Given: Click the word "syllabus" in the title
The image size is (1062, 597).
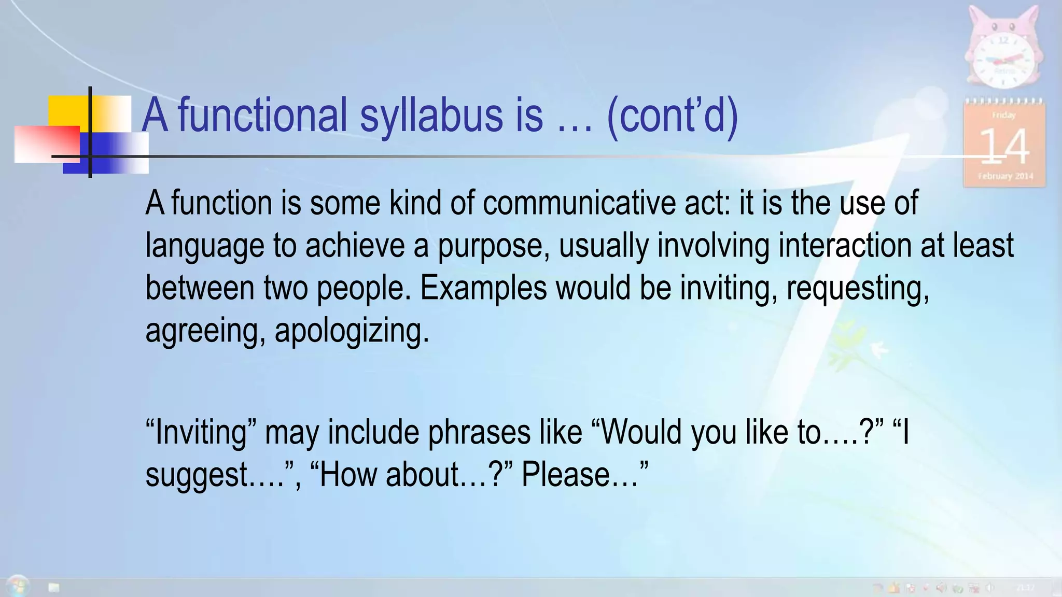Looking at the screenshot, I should pyautogui.click(x=431, y=115).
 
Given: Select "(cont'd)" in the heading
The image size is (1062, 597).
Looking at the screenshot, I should pyautogui.click(x=672, y=115).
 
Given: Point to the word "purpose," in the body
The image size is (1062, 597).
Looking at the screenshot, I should pyautogui.click(x=493, y=246).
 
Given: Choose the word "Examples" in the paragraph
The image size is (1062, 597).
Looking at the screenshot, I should pyautogui.click(x=483, y=288).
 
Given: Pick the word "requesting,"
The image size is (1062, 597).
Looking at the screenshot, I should pyautogui.click(x=858, y=288).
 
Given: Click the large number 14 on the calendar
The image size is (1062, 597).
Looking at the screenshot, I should pyautogui.click(x=1004, y=147).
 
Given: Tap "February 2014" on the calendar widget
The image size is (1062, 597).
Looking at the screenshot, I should pyautogui.click(x=1005, y=176).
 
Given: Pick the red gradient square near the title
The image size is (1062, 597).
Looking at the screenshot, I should pyautogui.click(x=47, y=144).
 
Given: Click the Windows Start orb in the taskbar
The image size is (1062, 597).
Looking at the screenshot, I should pyautogui.click(x=18, y=586).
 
